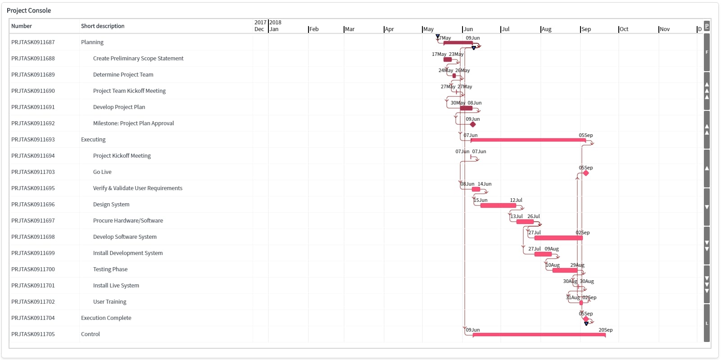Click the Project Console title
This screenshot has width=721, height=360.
(x=29, y=10)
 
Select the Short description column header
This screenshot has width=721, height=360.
(x=103, y=26)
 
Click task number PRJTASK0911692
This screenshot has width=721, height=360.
(x=33, y=123)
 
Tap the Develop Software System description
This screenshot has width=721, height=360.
(x=125, y=237)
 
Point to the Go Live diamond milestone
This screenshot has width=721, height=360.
(x=586, y=173)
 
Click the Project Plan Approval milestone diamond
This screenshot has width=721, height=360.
(x=473, y=124)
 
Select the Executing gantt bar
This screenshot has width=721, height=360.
(x=528, y=140)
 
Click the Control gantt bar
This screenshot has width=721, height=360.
(x=539, y=335)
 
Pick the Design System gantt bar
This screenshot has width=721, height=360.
(x=498, y=205)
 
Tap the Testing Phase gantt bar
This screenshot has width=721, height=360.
(x=565, y=270)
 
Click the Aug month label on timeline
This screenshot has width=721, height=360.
(x=546, y=29)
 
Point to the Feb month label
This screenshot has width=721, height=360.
(x=314, y=29)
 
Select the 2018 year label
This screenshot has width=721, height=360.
(x=275, y=23)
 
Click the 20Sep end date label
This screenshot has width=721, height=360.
(x=605, y=330)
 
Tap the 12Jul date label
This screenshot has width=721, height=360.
(x=516, y=200)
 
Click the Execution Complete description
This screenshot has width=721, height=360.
(x=106, y=318)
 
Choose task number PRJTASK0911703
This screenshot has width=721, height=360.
(x=33, y=172)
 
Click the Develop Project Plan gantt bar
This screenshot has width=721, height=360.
(x=466, y=108)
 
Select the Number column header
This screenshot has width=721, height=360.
(x=22, y=26)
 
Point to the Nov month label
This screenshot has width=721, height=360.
(x=665, y=29)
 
